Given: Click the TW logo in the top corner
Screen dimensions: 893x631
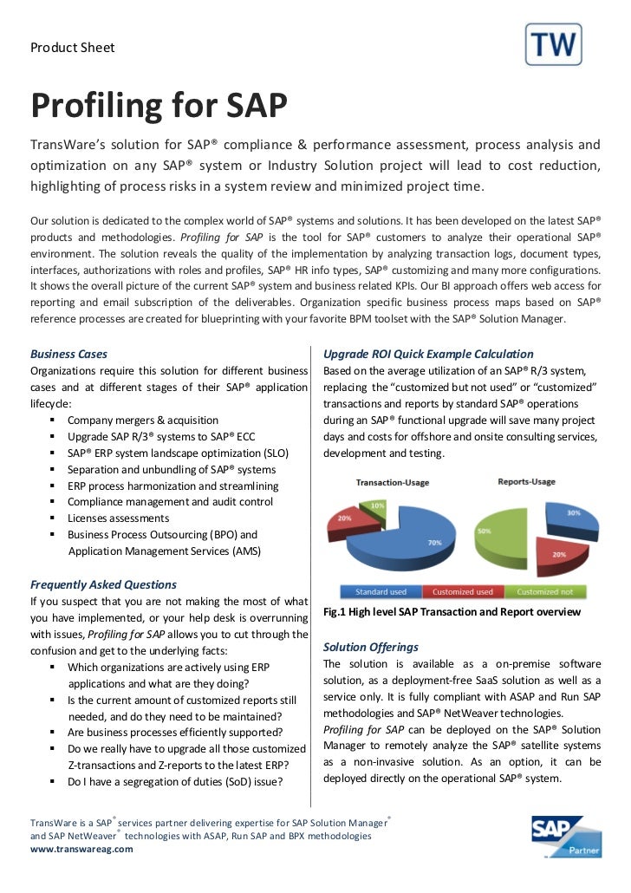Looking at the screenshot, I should (554, 45).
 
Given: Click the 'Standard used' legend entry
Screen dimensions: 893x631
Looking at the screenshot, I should (381, 592).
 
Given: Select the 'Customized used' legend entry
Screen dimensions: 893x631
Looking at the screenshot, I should (462, 592).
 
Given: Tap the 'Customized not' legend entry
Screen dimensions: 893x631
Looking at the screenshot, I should (544, 592).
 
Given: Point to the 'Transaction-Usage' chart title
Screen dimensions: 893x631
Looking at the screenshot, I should (392, 482).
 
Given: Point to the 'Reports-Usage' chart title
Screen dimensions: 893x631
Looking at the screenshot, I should (527, 481).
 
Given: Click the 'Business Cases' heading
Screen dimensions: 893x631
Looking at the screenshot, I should (68, 354).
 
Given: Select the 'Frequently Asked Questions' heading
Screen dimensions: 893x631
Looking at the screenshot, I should (103, 584).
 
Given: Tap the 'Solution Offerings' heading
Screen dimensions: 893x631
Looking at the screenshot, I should (370, 647).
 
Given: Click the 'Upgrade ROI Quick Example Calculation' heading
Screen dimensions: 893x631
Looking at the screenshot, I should (428, 354).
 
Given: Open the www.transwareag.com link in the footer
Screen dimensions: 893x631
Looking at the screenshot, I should (81, 850).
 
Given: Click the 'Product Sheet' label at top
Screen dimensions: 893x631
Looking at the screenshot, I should (73, 47).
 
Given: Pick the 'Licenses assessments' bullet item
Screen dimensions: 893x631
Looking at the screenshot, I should (119, 518).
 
